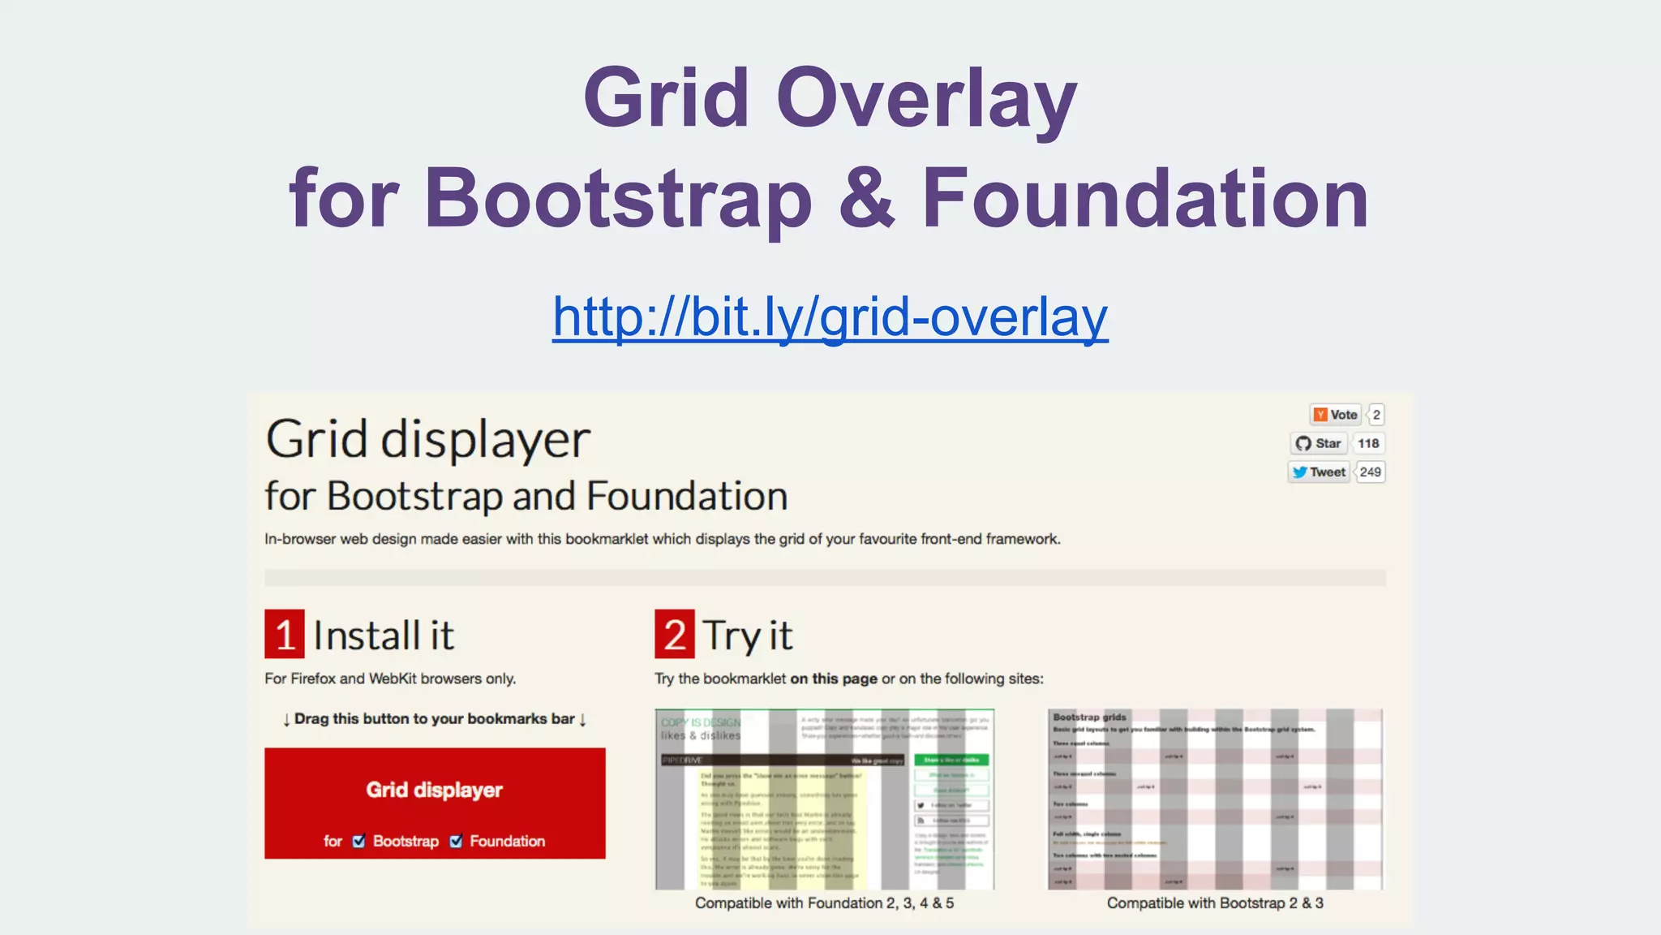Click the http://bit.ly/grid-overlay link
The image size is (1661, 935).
pos(830,317)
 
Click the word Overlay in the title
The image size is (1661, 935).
pos(926,99)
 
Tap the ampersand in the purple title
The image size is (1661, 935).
pos(866,198)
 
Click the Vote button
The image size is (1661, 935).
pos(1334,415)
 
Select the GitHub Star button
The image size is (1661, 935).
pos(1319,443)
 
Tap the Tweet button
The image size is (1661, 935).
pos(1319,472)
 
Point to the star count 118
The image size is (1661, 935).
pos(1368,443)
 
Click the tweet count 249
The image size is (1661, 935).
pos(1370,472)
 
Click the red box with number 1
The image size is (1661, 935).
pos(285,634)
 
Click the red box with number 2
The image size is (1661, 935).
pos(675,634)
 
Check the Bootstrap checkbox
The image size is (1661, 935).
pos(359,841)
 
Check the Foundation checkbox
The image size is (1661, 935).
pos(456,841)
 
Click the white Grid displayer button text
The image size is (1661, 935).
pos(434,790)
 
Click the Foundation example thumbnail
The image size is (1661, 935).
pos(825,799)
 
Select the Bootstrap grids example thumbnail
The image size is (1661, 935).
pos(1215,799)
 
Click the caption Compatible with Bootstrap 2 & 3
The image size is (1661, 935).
pos(1215,903)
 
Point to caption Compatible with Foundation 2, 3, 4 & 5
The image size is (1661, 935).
pos(824,903)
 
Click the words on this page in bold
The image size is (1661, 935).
pos(834,679)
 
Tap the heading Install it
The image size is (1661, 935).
pos(383,636)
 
